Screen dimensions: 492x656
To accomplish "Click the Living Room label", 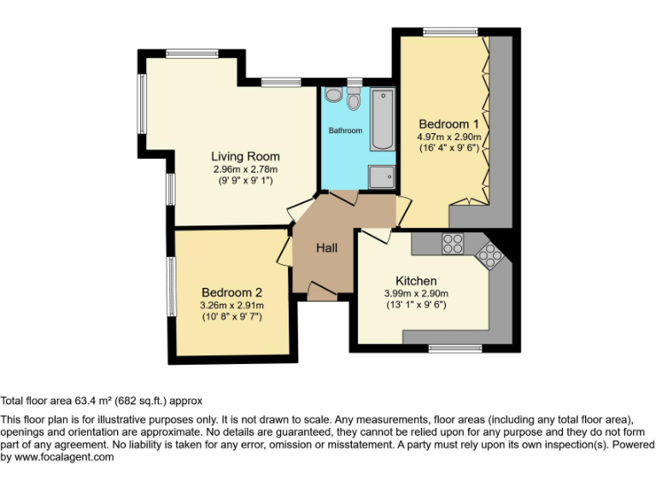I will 245,156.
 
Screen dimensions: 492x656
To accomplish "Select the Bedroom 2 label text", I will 231,292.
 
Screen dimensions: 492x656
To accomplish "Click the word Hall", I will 326,249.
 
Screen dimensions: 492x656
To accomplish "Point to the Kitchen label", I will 416,281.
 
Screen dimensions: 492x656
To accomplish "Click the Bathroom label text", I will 346,131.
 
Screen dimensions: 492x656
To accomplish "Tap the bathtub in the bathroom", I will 382,119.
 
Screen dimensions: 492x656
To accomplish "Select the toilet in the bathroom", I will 354,98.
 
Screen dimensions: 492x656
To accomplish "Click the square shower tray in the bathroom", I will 382,177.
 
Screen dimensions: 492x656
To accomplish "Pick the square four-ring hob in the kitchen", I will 453,243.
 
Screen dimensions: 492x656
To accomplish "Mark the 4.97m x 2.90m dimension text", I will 449,137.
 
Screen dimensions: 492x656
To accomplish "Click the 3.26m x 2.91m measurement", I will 231,305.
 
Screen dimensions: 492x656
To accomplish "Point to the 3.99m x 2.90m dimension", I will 416,293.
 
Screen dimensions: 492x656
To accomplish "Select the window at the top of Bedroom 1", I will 450,32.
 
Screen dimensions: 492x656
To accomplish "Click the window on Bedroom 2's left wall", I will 171,287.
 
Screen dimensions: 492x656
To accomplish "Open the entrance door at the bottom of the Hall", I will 321,294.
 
